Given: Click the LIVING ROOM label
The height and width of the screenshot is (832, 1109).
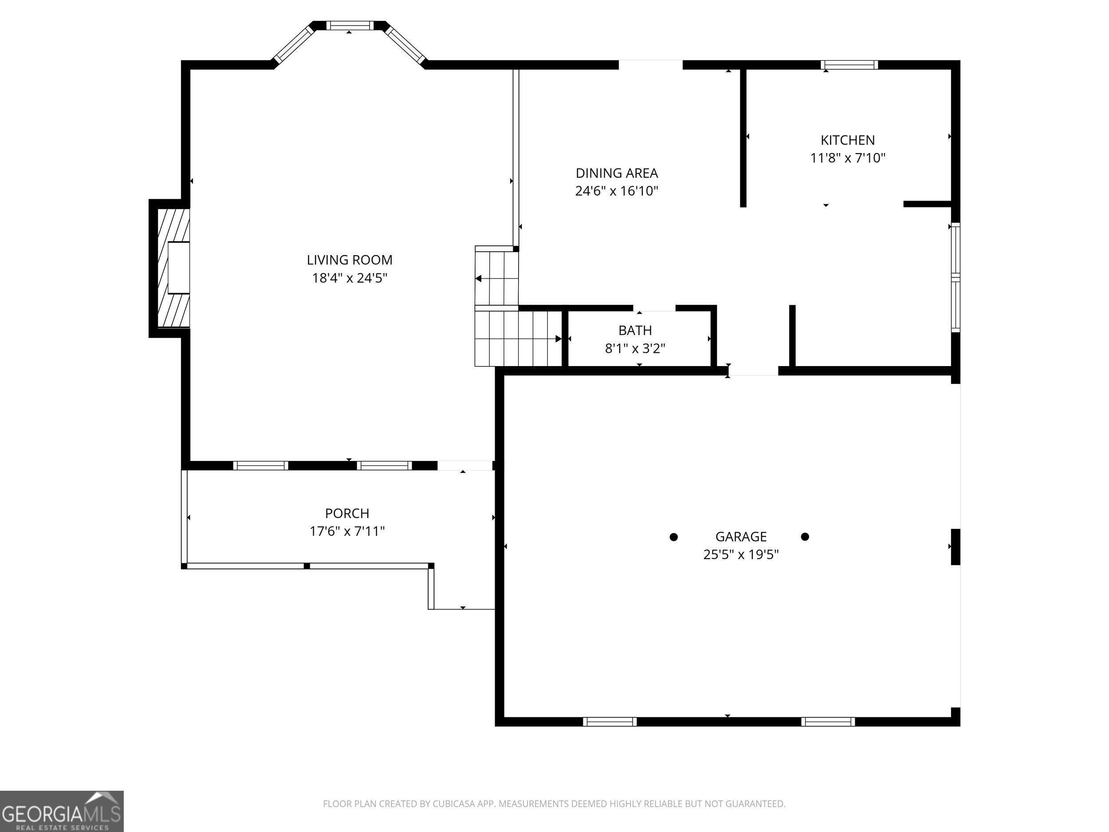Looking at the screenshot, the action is tap(350, 260).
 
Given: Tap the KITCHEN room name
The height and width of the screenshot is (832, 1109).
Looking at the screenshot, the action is tap(847, 140).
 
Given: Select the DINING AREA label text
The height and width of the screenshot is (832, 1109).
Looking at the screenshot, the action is tap(616, 173).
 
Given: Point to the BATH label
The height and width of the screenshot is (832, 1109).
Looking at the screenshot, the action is tap(635, 331).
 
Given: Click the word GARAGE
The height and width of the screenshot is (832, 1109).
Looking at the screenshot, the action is tap(740, 536).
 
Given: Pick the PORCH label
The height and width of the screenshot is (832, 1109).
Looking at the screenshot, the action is tap(347, 513).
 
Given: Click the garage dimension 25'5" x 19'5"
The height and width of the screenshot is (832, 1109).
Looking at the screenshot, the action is tap(740, 555).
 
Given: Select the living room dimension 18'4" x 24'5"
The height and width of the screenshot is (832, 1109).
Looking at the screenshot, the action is tap(350, 278).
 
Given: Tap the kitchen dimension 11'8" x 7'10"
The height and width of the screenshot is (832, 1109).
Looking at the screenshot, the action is tap(848, 158).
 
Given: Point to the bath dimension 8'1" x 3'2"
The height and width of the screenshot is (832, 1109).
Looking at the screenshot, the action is tap(635, 348).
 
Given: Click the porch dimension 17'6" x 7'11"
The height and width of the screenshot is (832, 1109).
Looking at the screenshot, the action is tap(347, 531).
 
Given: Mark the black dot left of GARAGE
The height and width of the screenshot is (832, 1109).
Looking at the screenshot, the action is tap(674, 537).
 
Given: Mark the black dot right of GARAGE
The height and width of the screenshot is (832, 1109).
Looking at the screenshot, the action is tap(805, 536).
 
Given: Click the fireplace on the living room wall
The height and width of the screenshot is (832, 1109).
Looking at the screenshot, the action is tap(173, 268).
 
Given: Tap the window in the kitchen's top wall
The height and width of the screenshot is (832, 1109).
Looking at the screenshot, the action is tap(849, 65).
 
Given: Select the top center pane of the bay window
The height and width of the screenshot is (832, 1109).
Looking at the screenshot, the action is tap(350, 26).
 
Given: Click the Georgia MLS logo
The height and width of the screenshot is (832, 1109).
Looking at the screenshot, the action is tap(62, 812).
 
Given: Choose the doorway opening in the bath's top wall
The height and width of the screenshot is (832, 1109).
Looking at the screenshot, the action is tap(654, 308).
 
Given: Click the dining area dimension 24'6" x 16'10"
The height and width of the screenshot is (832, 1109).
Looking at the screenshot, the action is tap(616, 191).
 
